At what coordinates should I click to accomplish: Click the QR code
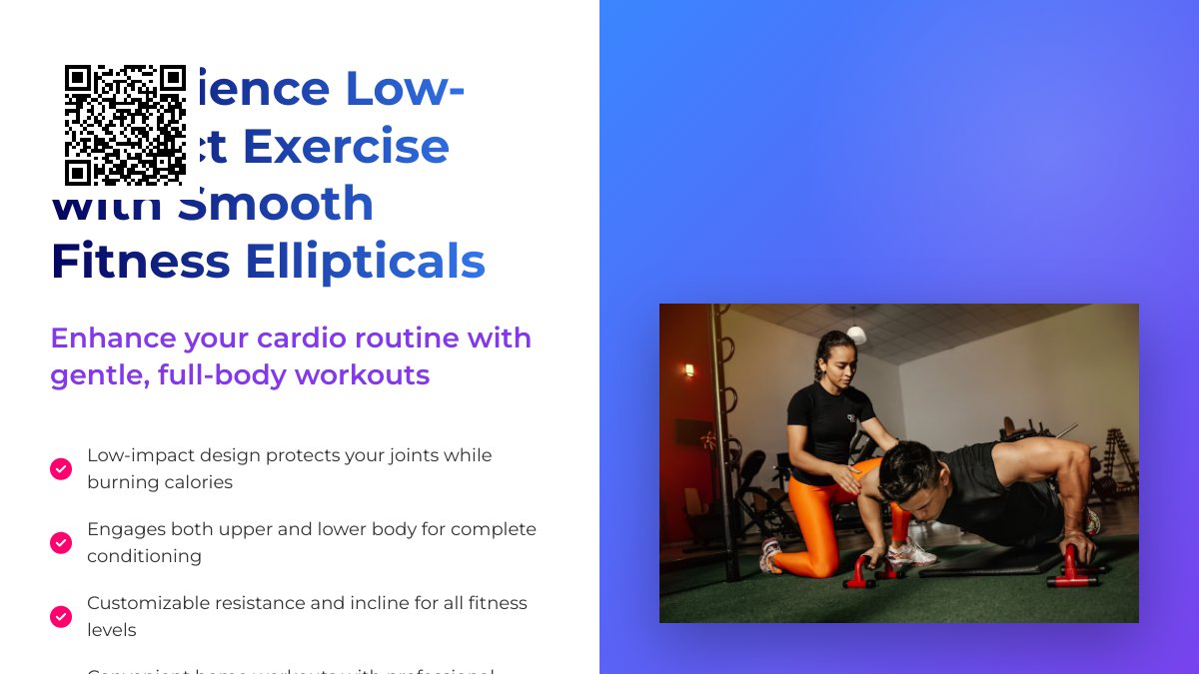coord(125,125)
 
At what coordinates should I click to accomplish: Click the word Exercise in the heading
coord(346,146)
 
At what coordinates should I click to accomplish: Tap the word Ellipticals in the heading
coord(365,262)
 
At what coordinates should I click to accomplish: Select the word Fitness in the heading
coord(141,262)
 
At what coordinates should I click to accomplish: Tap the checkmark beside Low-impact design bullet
coord(61,468)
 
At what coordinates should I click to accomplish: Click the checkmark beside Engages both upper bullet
coord(61,542)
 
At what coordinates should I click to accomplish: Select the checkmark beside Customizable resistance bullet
coord(61,616)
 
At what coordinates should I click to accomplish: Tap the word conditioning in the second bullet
coord(144,556)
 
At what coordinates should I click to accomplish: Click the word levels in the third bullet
coord(112,630)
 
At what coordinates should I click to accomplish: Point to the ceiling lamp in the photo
coord(856,335)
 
